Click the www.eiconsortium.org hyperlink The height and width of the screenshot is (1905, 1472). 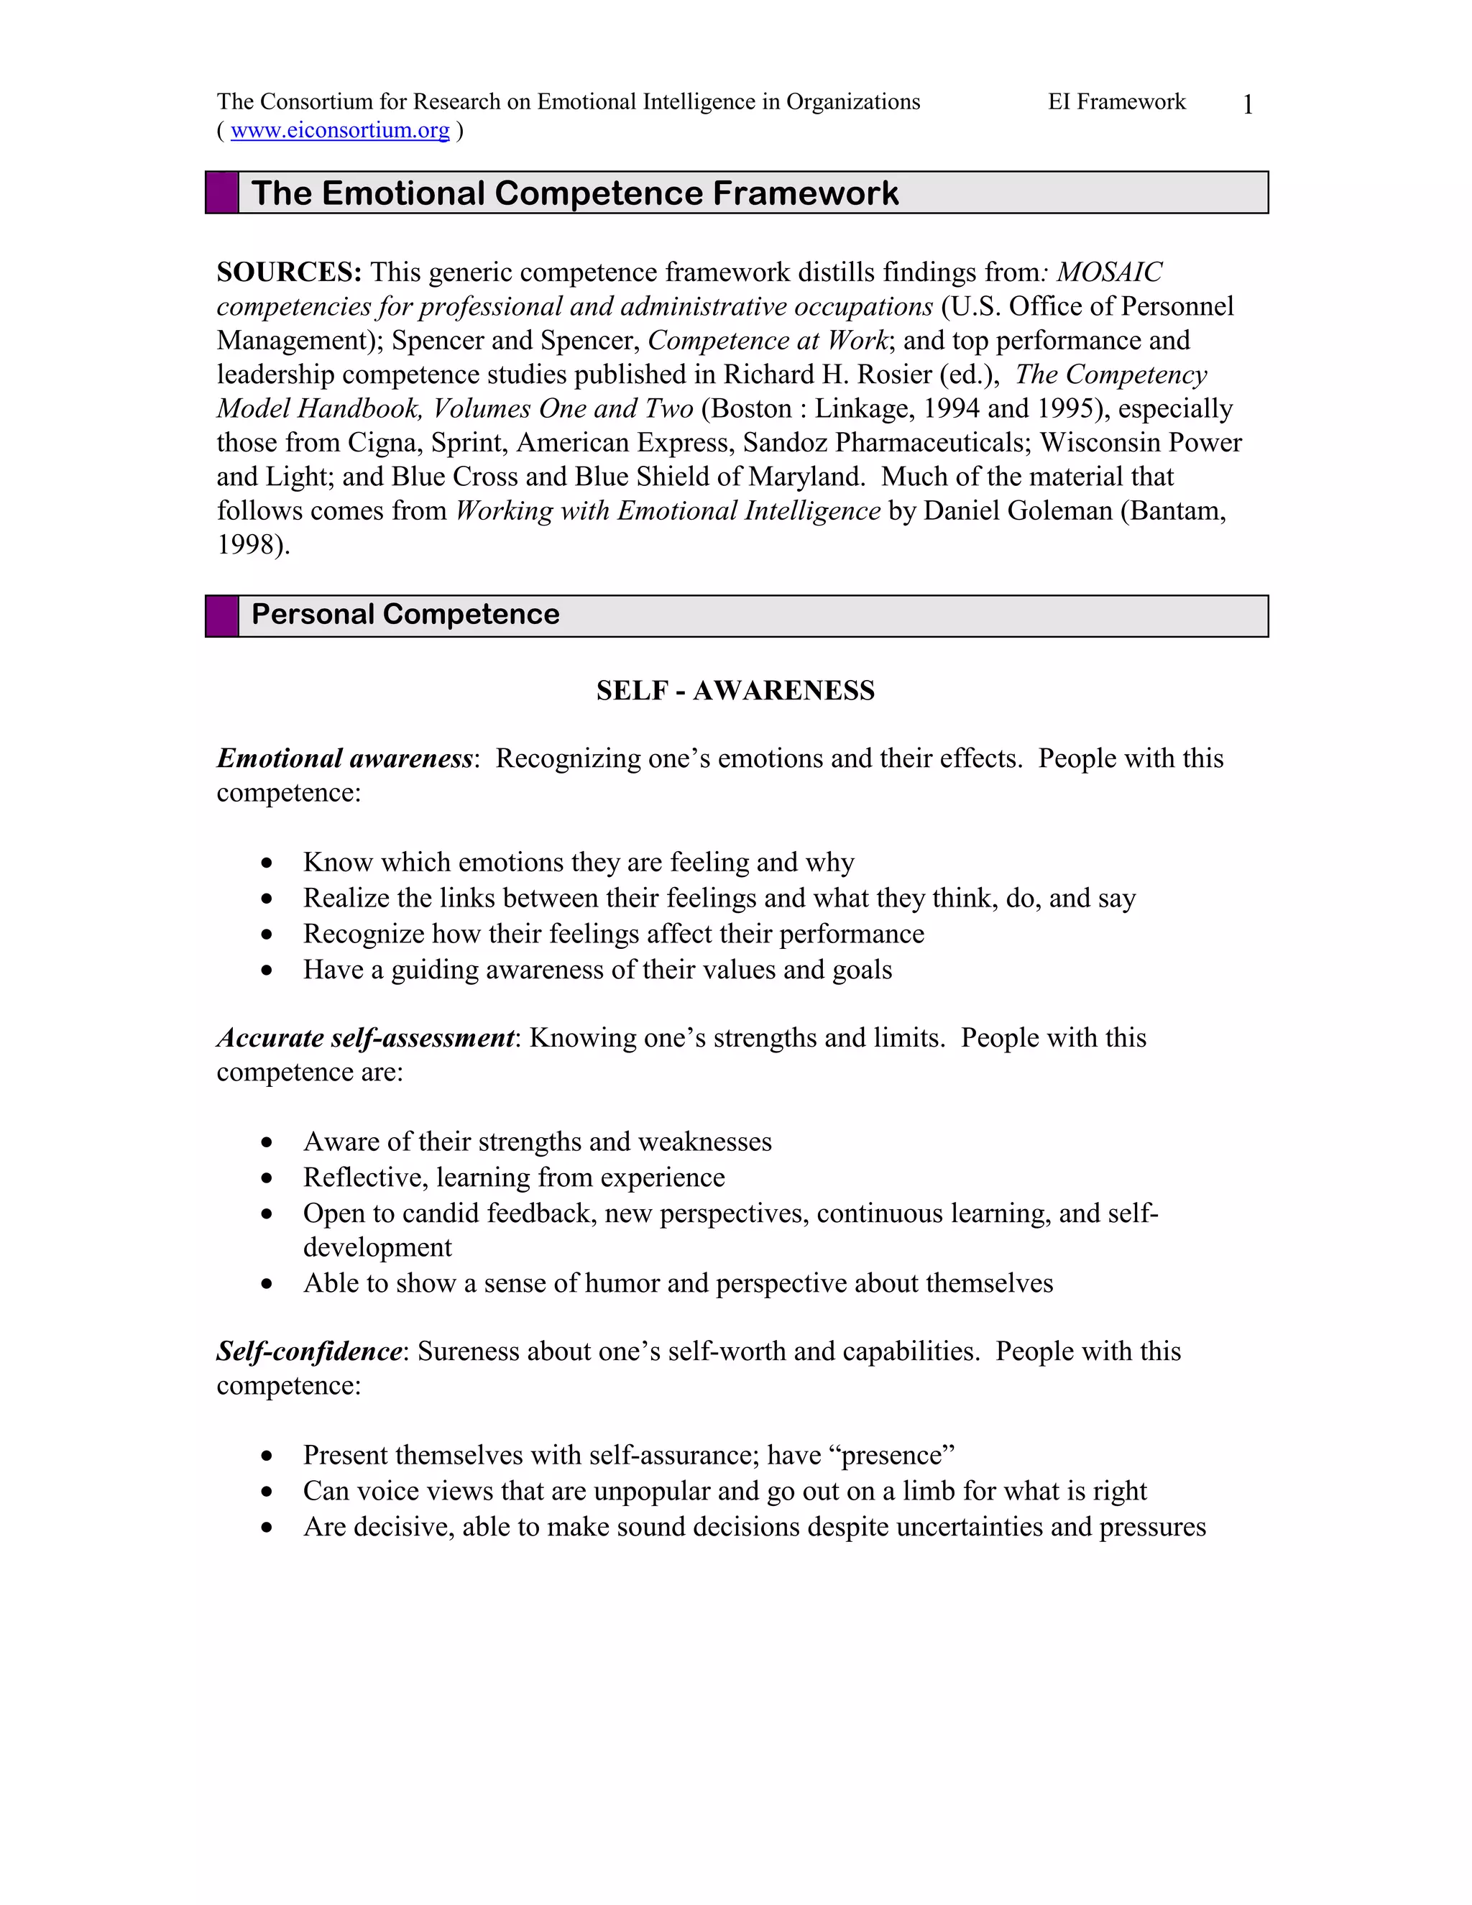(x=340, y=131)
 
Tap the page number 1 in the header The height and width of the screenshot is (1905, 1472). (x=1248, y=105)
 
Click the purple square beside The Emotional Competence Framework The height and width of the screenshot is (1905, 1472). (x=222, y=193)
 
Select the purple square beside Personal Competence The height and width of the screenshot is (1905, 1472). (x=222, y=616)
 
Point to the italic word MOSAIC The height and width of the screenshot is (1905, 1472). (x=1109, y=272)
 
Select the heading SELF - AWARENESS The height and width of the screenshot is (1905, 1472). (x=735, y=691)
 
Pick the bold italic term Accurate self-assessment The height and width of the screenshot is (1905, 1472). (x=365, y=1038)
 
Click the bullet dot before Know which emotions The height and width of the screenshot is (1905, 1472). (x=267, y=863)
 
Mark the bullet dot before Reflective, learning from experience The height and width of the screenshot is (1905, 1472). (x=267, y=1178)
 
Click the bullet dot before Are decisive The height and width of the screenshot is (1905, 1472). (x=267, y=1528)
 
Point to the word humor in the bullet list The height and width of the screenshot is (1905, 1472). (x=622, y=1283)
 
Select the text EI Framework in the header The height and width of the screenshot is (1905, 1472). (x=1116, y=102)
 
